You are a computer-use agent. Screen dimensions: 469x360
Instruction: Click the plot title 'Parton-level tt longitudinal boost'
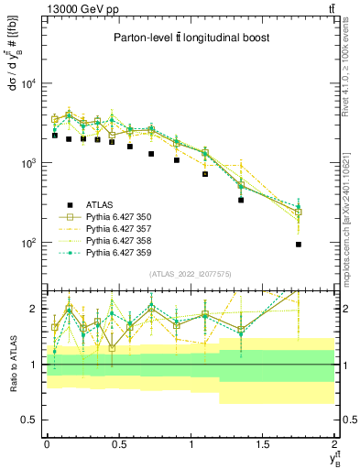click(x=190, y=38)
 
